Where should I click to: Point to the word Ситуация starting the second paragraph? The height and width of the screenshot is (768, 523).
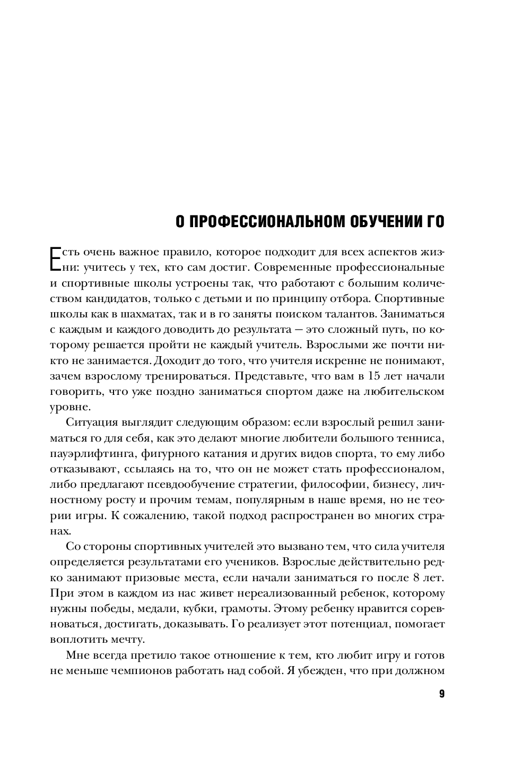click(x=91, y=423)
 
